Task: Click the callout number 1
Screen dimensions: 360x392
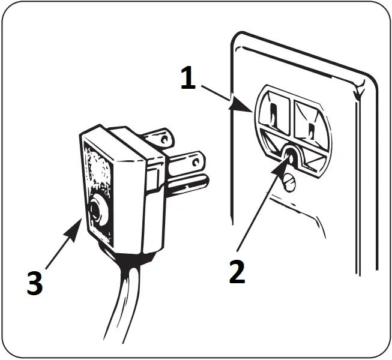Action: coord(188,79)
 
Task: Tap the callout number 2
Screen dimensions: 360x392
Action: coord(237,271)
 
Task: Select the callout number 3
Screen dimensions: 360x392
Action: coord(35,283)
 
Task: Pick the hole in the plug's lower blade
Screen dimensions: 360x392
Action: coord(195,161)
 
